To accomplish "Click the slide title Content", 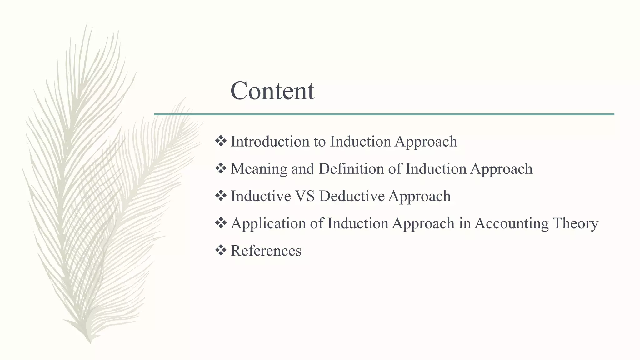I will tap(272, 91).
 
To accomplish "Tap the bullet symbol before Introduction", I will tap(221, 141).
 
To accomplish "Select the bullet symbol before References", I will tap(221, 250).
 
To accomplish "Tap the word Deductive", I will tap(352, 196).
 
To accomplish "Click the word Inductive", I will tap(261, 196).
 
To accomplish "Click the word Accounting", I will tap(511, 223).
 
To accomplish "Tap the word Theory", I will tap(575, 223).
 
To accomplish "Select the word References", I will tap(266, 251).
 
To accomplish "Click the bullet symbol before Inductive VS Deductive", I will tap(221, 196).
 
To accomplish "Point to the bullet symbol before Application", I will tap(221, 223).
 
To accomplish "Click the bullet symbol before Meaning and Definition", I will tap(221, 169).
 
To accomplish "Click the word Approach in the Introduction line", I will tap(426, 142).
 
